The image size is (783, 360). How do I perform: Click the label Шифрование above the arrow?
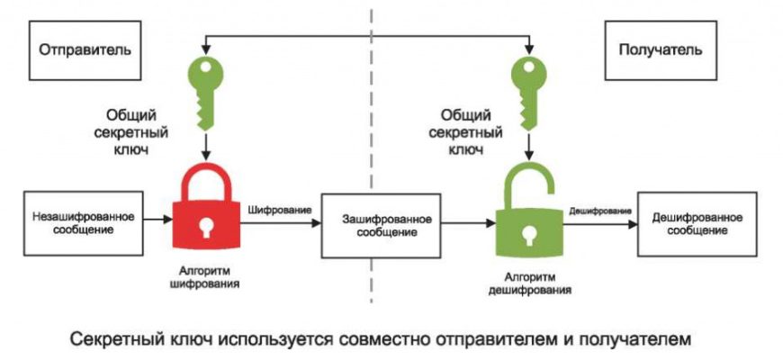278,210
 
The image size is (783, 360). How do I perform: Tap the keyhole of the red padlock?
208,226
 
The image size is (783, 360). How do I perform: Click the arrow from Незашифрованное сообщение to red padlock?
157,219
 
